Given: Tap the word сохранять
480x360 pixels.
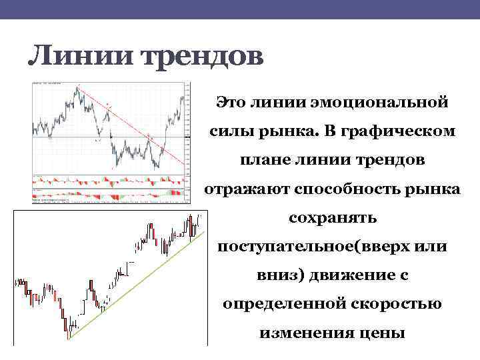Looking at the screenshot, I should (332, 218).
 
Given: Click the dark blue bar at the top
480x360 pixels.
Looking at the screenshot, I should (240, 9).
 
